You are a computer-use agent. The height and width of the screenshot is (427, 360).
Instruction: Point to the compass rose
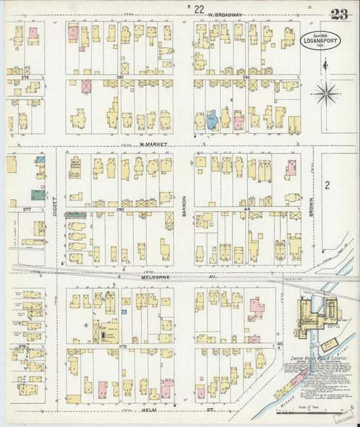click(325, 93)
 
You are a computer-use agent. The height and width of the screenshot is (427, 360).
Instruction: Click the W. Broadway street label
click(225, 14)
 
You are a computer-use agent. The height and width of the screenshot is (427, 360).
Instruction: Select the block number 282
click(246, 78)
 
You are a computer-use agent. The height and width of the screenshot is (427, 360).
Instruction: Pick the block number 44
click(247, 210)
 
